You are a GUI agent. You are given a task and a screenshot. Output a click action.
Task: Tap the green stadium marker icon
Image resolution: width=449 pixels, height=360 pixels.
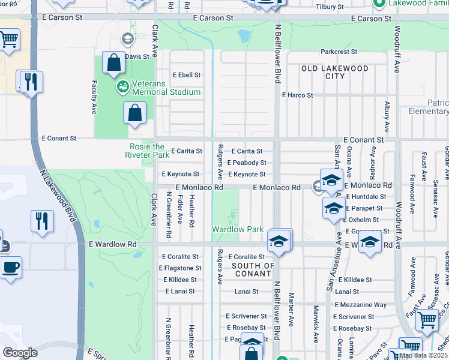[x=123, y=87]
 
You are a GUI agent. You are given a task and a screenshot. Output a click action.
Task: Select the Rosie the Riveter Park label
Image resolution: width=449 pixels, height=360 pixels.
[x=147, y=151]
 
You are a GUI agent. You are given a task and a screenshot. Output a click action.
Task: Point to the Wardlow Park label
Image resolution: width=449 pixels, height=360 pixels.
[x=238, y=230]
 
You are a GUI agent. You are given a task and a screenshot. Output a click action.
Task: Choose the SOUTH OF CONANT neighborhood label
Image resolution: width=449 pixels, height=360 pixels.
[x=253, y=270]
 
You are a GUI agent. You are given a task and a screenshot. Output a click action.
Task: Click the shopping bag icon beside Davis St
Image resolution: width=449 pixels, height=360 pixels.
[x=113, y=62]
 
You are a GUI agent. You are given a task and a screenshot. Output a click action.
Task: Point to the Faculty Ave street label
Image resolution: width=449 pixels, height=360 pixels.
[x=94, y=97]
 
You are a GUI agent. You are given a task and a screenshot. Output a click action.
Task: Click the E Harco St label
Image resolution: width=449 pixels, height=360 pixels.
[x=298, y=95]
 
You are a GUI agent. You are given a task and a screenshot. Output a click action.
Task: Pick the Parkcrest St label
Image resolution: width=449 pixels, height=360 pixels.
[x=339, y=52]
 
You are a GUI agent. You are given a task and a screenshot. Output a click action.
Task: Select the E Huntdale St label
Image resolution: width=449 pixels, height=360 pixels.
[x=365, y=196]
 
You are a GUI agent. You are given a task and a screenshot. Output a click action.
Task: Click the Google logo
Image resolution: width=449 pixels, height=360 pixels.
[x=20, y=353]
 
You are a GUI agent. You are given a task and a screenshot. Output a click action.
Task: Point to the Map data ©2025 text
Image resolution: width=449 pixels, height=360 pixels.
[x=422, y=355]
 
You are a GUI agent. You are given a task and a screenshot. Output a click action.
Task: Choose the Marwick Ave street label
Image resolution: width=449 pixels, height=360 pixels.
[x=315, y=324]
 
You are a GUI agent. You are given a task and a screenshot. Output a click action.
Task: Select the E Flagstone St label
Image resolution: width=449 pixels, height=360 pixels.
[x=181, y=268]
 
